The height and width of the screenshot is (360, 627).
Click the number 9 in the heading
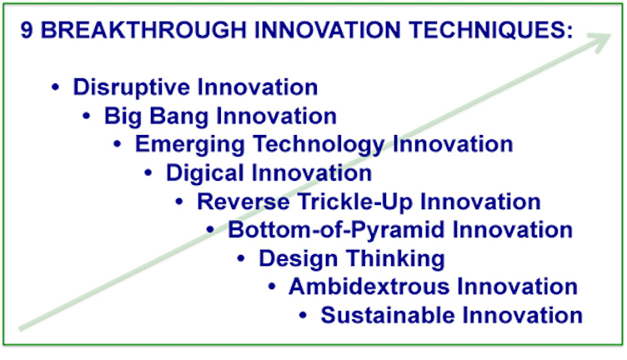tap(27, 30)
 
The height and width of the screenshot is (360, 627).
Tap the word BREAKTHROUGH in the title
tap(143, 30)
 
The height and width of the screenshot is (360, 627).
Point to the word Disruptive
tap(132, 87)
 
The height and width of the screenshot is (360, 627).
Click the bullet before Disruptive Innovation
tap(56, 87)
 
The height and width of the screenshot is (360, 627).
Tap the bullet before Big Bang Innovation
tap(87, 116)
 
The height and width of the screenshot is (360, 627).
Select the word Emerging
tap(190, 145)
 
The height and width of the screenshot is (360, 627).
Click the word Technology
tap(319, 145)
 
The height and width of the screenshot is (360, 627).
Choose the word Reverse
tap(243, 202)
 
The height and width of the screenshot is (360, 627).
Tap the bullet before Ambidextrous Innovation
tap(272, 287)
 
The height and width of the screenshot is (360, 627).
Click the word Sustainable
tap(388, 316)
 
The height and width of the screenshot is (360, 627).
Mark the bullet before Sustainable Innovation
tap(303, 315)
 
